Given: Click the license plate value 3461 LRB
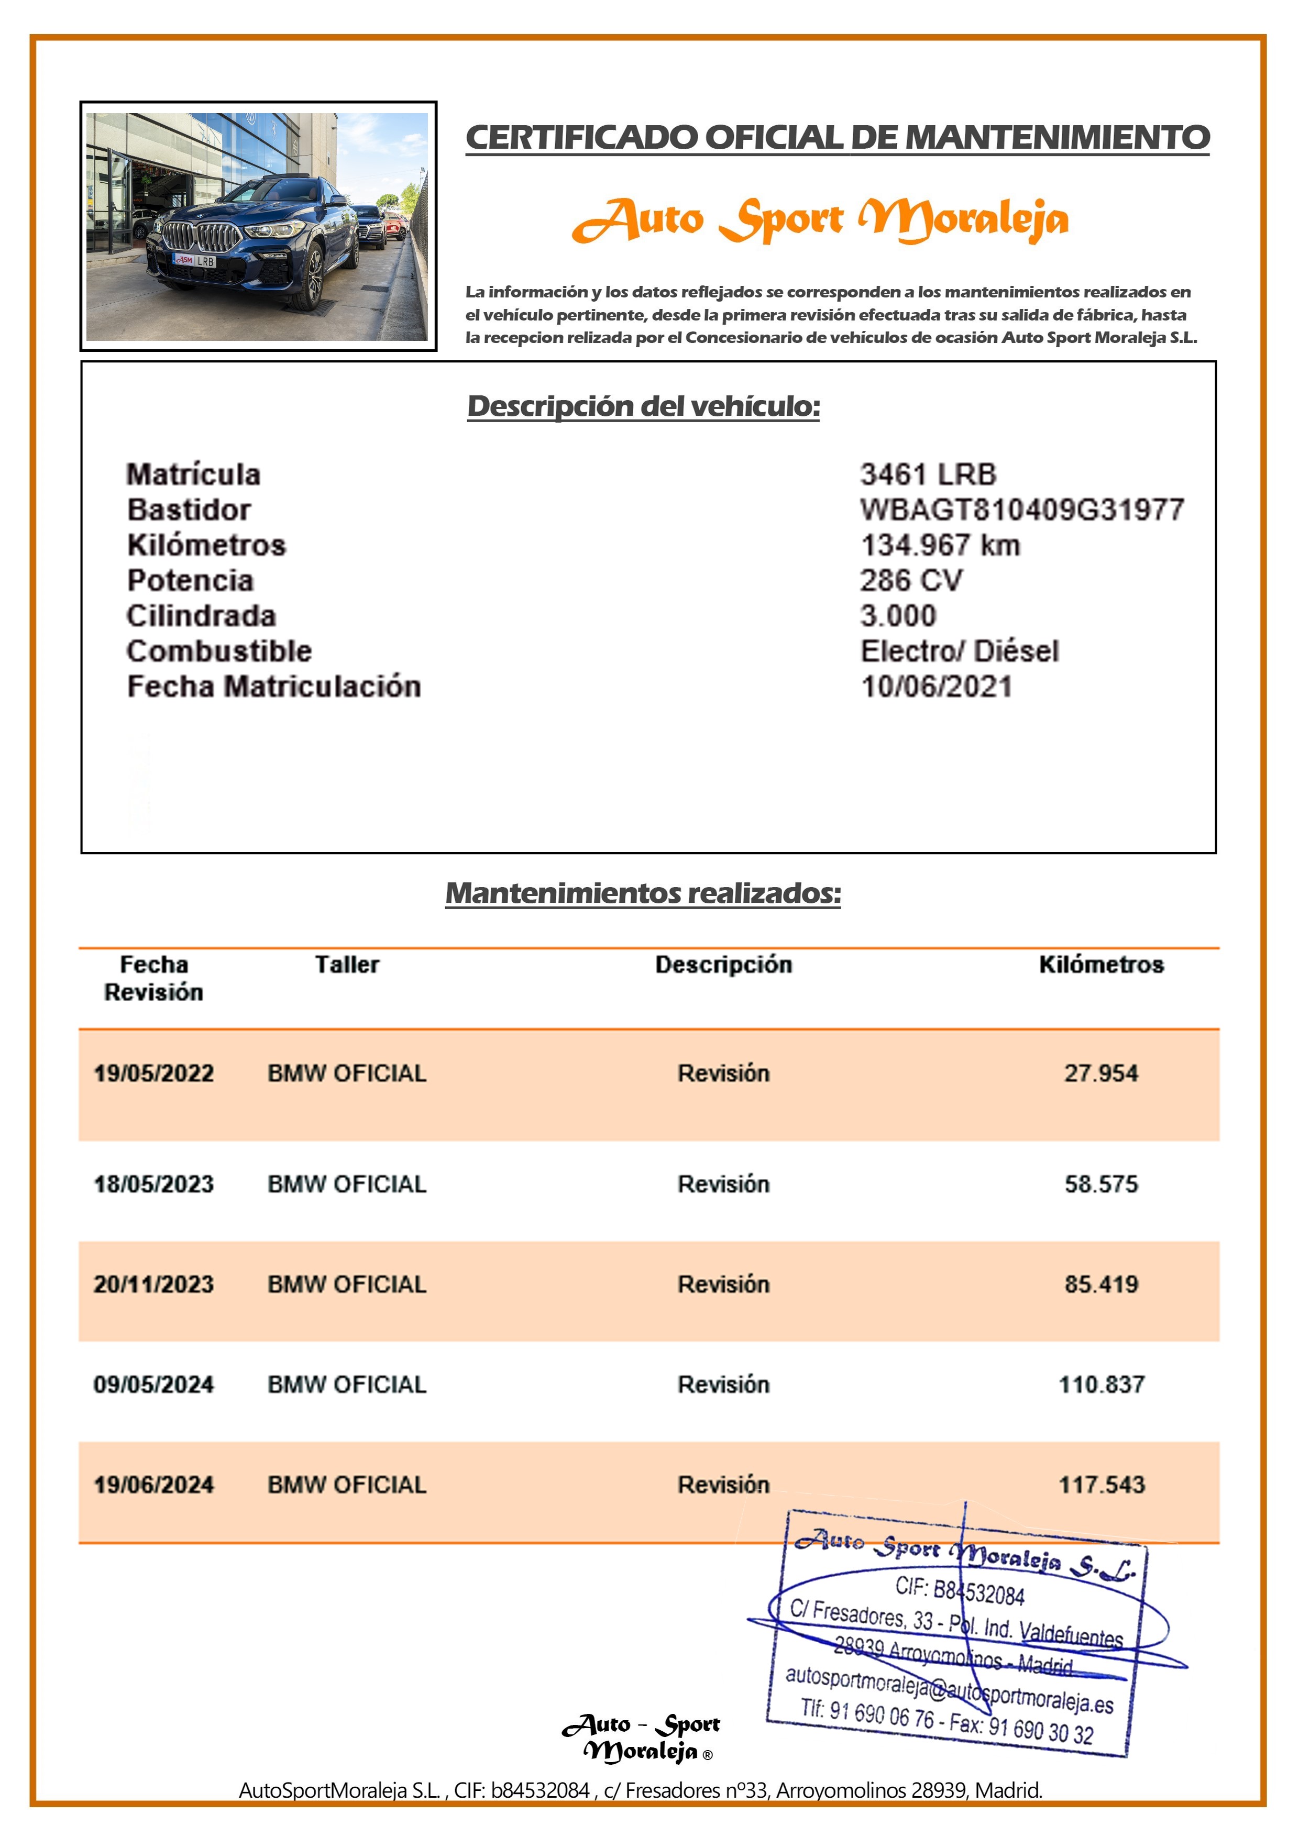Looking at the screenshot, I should [928, 474].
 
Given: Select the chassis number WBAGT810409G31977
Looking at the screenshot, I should [1021, 510].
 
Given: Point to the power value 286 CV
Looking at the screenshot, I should [911, 580].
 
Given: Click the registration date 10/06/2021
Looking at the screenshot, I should [935, 687].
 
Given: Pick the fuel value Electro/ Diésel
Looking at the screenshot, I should [959, 651].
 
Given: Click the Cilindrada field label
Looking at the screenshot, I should [201, 616].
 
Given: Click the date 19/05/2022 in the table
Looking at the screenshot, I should [153, 1073].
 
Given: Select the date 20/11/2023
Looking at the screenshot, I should [153, 1284].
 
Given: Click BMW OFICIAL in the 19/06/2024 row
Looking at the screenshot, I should [347, 1485].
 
